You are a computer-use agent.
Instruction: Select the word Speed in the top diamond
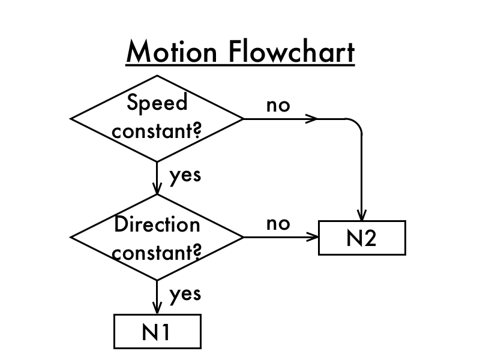[157, 103]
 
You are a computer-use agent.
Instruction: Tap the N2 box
[362, 238]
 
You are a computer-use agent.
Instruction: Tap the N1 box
[157, 332]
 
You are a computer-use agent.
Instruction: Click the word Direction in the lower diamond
[157, 224]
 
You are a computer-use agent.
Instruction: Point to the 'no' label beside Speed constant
[278, 105]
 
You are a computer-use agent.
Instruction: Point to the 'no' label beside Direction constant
[278, 224]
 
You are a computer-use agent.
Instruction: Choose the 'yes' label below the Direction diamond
[185, 294]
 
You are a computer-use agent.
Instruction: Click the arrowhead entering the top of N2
[362, 215]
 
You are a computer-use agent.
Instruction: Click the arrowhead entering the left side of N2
[313, 237]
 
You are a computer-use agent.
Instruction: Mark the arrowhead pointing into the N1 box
[157, 308]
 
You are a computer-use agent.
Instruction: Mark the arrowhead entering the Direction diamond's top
[157, 189]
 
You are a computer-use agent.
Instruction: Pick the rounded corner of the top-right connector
[358, 124]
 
